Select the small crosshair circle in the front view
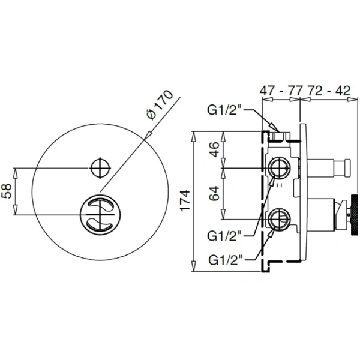pyautogui.click(x=100, y=167)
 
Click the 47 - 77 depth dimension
pyautogui.click(x=278, y=92)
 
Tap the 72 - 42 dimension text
pyautogui.click(x=328, y=92)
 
